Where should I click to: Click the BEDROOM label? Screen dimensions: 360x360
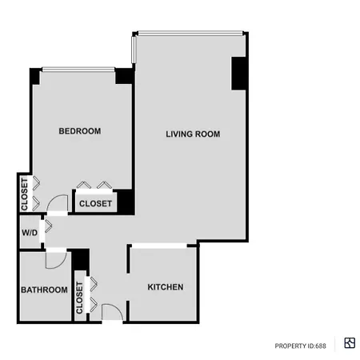[x=80, y=131]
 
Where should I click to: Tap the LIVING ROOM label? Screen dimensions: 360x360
[x=193, y=134]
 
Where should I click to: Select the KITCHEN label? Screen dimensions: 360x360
[x=166, y=287]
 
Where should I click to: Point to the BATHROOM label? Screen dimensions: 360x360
[x=44, y=290]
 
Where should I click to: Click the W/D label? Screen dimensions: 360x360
[x=30, y=233]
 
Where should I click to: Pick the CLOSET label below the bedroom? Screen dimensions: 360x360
[x=95, y=203]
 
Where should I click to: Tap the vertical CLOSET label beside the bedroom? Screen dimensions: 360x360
[x=25, y=194]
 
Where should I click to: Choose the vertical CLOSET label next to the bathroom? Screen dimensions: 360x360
[x=79, y=298]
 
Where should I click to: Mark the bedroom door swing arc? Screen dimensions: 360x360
[x=54, y=198]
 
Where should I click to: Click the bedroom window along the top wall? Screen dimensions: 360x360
[x=78, y=70]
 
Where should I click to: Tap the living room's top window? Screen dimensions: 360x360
[x=190, y=33]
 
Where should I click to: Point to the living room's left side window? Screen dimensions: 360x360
[x=134, y=50]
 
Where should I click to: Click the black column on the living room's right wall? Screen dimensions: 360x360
[x=238, y=74]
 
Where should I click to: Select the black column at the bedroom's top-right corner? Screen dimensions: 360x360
[x=124, y=76]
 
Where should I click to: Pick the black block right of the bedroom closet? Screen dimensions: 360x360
[x=126, y=202]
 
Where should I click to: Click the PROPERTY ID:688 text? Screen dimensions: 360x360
[x=300, y=346]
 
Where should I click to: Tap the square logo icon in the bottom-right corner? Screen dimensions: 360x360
[x=350, y=343]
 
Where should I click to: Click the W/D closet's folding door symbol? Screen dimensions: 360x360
[x=48, y=226]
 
